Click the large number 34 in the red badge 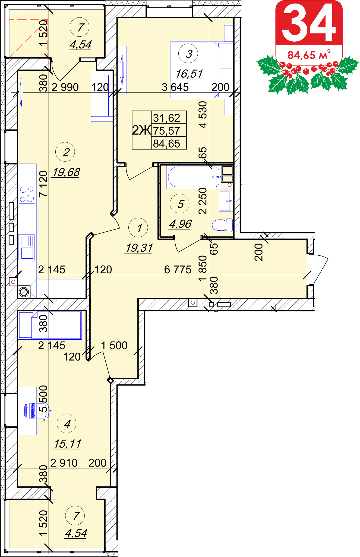[x=309, y=23]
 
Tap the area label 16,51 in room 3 [x=189, y=74]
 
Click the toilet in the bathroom [x=222, y=225]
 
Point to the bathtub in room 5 [x=194, y=177]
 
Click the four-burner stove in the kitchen [x=27, y=194]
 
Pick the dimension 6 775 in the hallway [x=178, y=270]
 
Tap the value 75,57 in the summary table [x=167, y=131]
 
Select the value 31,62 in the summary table [x=167, y=118]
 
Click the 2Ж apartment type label [x=141, y=130]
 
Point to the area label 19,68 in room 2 [x=66, y=172]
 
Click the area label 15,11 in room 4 [x=67, y=444]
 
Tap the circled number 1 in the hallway [x=138, y=228]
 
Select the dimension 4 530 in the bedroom [x=203, y=114]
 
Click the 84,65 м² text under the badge [x=309, y=55]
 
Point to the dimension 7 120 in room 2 [x=43, y=184]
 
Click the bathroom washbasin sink [x=226, y=201]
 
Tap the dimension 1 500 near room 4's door [x=114, y=345]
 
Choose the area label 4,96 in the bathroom [x=180, y=224]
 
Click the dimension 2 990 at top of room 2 [x=65, y=87]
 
